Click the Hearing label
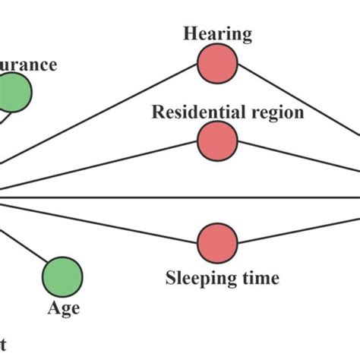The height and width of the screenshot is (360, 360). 217,33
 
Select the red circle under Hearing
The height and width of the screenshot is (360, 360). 217,63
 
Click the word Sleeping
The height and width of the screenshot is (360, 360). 195,278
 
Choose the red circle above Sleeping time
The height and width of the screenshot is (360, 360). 217,243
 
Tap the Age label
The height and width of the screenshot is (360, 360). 63,308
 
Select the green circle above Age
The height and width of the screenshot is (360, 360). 63,275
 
